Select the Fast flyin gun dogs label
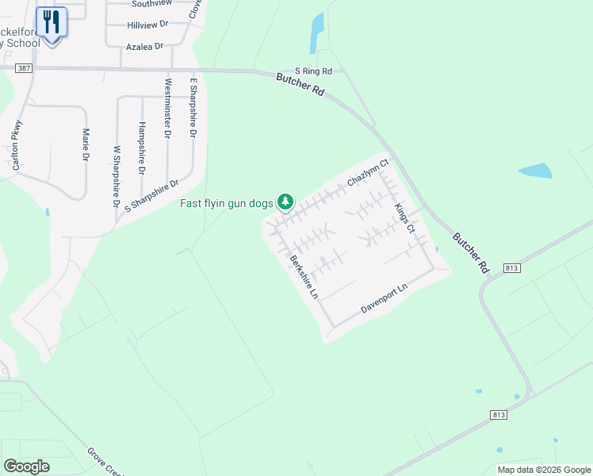(226, 203)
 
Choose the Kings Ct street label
(405, 217)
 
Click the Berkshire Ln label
(304, 277)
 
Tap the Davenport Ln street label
(384, 298)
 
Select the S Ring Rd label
(313, 71)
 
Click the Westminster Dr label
(167, 109)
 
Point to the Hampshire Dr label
(142, 148)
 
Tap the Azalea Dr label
(144, 47)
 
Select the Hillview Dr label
(148, 25)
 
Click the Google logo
(26, 466)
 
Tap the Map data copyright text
(543, 470)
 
